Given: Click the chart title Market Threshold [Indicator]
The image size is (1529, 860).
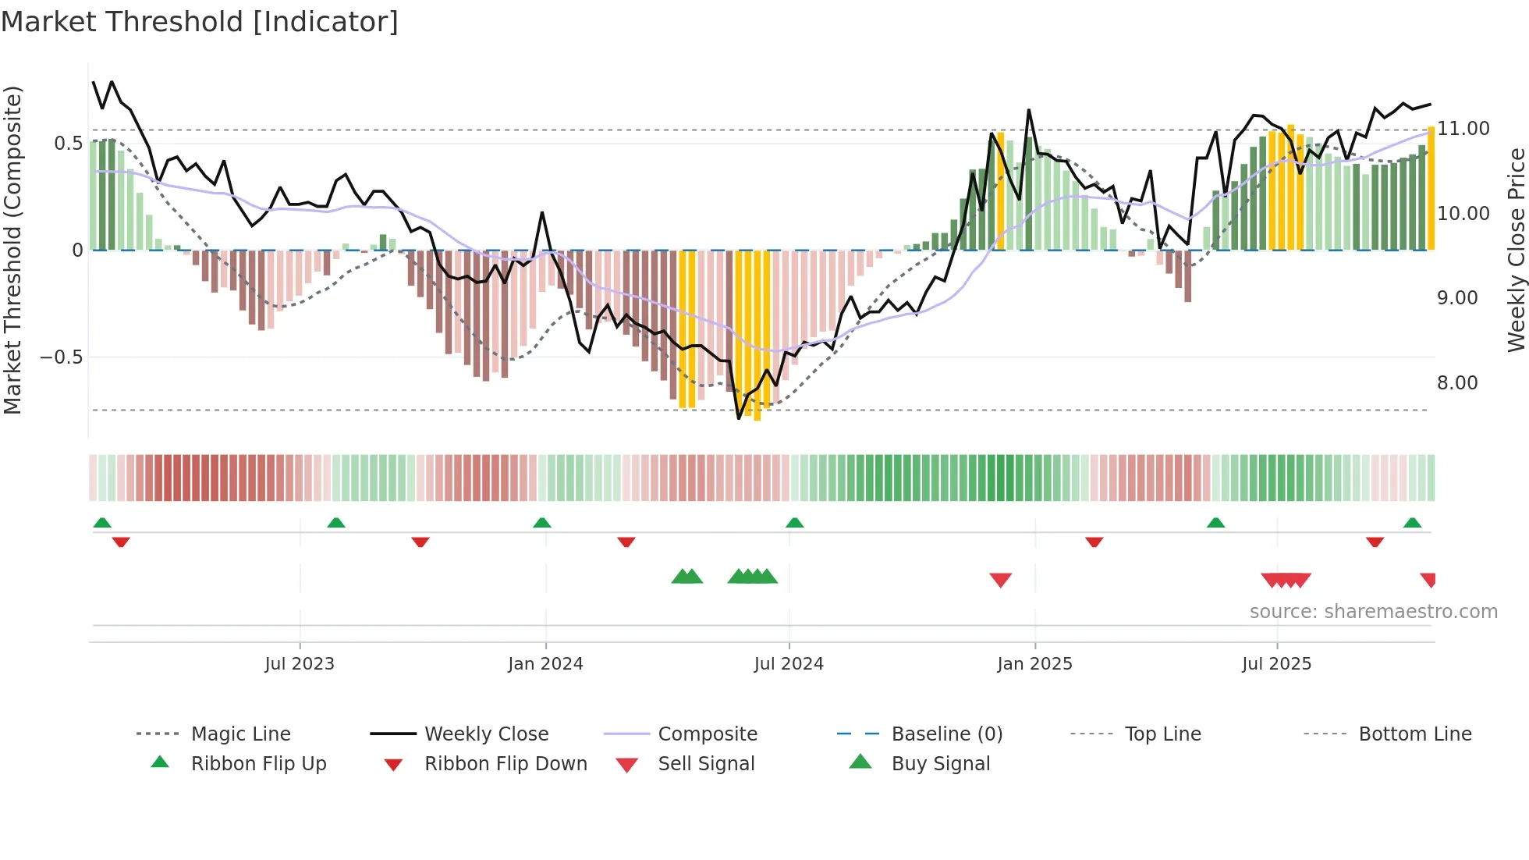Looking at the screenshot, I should click(x=200, y=22).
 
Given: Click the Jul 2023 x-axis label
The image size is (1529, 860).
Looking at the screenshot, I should click(x=300, y=664).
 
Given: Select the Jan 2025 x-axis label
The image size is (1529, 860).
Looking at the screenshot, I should click(x=1034, y=664).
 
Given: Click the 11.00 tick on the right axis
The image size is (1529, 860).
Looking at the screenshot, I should click(x=1463, y=129).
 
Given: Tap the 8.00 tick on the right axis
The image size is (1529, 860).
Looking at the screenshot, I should click(x=1456, y=383).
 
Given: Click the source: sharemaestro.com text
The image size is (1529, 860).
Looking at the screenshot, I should click(x=1373, y=612).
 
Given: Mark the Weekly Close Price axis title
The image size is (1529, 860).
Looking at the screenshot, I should click(x=1516, y=250).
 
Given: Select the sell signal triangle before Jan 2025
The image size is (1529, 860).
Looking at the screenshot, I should click(x=1000, y=580).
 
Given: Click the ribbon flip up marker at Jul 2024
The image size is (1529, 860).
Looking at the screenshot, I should click(x=794, y=523).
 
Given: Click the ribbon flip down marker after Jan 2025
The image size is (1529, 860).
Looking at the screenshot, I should click(x=1094, y=542).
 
